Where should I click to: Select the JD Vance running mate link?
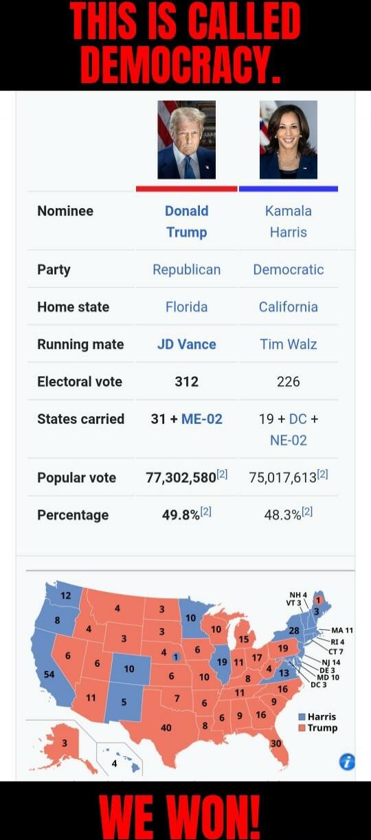[x=186, y=344]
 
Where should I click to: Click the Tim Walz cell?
[x=288, y=344]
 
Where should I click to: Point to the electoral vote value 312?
[x=186, y=381]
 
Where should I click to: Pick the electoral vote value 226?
[x=288, y=381]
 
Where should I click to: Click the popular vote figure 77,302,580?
[x=181, y=477]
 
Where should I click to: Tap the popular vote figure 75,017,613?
[x=283, y=477]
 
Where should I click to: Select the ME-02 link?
[x=202, y=419]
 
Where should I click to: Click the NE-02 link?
[x=288, y=440]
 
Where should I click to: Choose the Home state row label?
[x=73, y=307]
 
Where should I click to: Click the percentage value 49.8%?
[x=181, y=515]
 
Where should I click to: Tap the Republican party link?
[x=186, y=270]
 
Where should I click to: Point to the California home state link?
[x=288, y=307]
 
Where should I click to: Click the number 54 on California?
[x=49, y=674]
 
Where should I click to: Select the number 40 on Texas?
[x=166, y=727]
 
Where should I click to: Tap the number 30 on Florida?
[x=276, y=743]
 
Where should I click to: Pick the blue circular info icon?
[x=348, y=761]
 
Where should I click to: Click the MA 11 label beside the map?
[x=341, y=630]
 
